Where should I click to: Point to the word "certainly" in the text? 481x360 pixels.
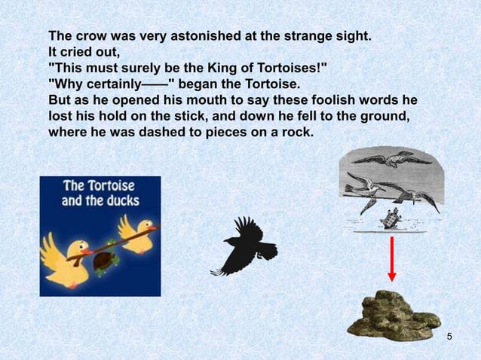111,84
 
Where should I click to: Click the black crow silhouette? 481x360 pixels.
245,246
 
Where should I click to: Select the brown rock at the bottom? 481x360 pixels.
393,313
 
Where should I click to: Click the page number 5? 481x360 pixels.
449,335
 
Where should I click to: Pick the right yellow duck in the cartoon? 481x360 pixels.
136,230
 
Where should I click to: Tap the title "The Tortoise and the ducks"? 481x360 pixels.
100,193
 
